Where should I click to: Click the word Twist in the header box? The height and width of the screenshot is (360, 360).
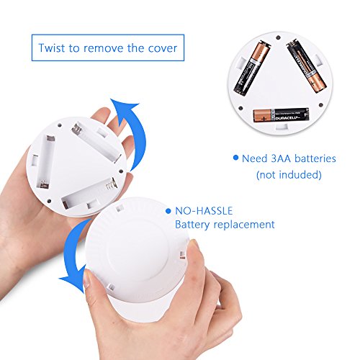52,48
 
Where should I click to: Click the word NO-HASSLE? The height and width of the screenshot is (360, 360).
204,211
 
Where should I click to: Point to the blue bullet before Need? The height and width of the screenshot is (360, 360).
236,158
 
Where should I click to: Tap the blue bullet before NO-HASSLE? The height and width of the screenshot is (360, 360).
168,211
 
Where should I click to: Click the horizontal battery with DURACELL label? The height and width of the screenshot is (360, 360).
281,115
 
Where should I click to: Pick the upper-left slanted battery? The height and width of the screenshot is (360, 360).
252,68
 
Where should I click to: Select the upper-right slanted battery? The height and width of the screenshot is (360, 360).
307,67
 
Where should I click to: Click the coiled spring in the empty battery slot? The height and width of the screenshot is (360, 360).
111,185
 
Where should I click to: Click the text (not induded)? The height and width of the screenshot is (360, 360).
289,175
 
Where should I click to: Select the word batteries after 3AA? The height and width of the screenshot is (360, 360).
315,158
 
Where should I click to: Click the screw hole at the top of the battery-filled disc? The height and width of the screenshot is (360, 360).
279,37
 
